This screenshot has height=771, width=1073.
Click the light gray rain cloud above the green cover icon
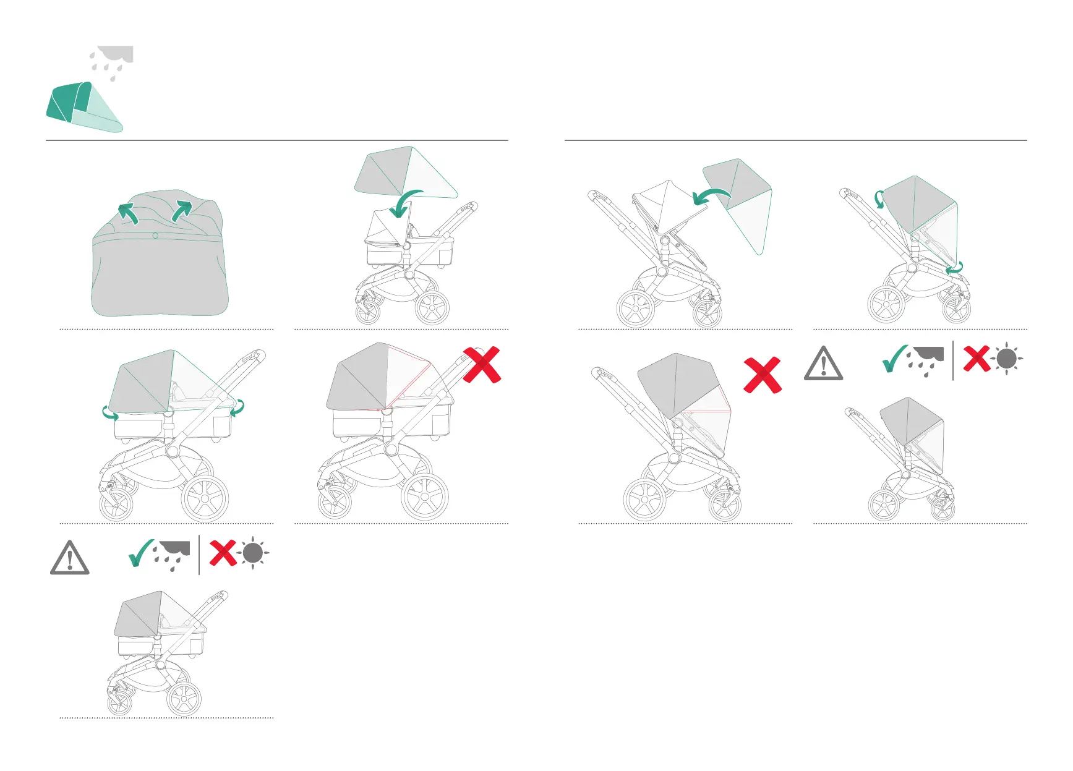coord(113,59)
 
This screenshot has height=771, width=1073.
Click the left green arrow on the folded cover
coord(128,213)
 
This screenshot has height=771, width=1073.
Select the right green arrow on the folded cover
coord(182,210)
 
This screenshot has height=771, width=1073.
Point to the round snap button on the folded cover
coord(155,236)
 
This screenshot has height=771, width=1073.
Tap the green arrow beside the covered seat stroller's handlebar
coord(879,199)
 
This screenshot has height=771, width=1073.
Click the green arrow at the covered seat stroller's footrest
coord(955,268)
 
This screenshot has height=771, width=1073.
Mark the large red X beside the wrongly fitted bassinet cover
coord(481,365)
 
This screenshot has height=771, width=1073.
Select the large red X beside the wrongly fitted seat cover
coord(762,375)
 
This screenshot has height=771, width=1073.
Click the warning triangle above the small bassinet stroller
coord(69,558)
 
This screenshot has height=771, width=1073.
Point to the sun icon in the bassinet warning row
coord(253,553)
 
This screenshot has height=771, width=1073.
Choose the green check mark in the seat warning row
coord(894,359)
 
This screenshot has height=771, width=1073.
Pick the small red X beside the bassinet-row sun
coord(223,553)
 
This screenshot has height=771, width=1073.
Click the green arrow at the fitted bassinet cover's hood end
coord(110,412)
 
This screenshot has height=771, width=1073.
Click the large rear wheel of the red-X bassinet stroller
coord(424,496)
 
